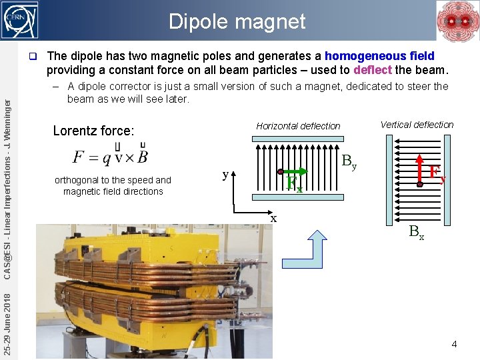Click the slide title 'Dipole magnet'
click(x=237, y=21)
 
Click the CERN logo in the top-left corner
click(x=20, y=19)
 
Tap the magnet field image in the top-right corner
click(x=457, y=21)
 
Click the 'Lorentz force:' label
click(x=93, y=131)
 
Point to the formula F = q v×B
click(x=111, y=157)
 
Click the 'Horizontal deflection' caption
click(x=298, y=126)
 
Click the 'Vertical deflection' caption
click(x=417, y=125)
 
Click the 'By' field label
click(x=349, y=162)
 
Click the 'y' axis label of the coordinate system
click(x=225, y=175)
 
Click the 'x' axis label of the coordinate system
click(x=273, y=217)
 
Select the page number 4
click(x=454, y=345)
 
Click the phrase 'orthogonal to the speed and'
click(x=113, y=180)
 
